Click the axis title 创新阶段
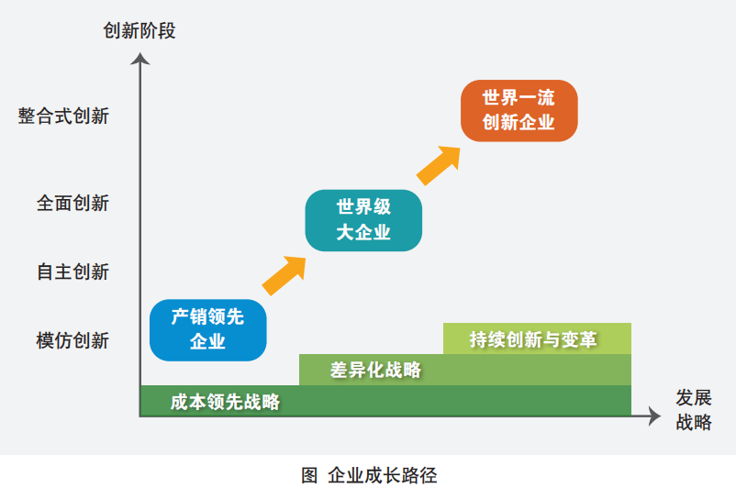tap(139, 31)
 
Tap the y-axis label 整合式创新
tap(63, 116)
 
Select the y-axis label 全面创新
tap(72, 203)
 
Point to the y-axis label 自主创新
tap(72, 272)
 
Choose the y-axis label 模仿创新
tap(72, 340)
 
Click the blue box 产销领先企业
tap(207, 329)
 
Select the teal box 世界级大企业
tap(363, 220)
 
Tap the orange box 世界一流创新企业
tap(519, 110)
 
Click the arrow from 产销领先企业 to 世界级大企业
tap(284, 274)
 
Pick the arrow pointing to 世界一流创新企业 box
tap(439, 164)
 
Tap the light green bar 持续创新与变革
tap(537, 338)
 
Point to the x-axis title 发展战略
tap(694, 409)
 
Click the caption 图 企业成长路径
tap(368, 475)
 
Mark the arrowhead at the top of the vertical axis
tap(139, 59)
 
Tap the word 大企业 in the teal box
tap(363, 232)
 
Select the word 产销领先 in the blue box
tap(207, 317)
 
